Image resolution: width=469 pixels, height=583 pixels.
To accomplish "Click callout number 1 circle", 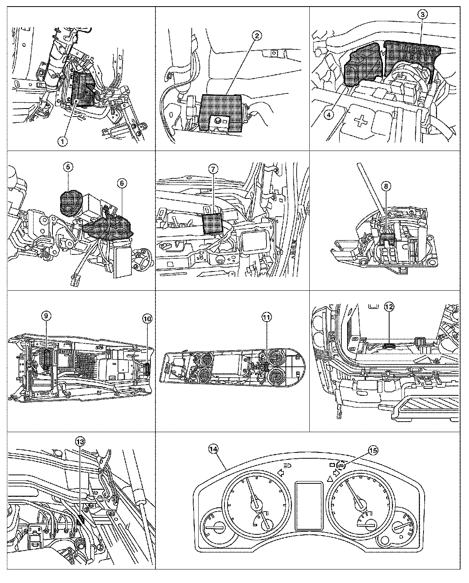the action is [x=62, y=141].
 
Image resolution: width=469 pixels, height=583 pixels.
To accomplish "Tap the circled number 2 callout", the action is [x=257, y=36].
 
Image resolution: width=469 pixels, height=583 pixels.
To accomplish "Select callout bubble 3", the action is [x=422, y=14].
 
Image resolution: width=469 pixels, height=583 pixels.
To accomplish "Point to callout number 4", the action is [x=329, y=115].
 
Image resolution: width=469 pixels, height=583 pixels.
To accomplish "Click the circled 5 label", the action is [x=68, y=167].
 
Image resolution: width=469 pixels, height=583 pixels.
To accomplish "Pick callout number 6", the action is [x=122, y=183].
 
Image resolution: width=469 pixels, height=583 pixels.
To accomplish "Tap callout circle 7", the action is [x=213, y=169].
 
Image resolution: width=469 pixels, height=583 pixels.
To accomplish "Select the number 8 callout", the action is [x=386, y=186].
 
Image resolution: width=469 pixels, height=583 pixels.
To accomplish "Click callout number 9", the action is [x=46, y=315].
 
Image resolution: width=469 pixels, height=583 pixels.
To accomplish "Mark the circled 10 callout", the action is [x=147, y=319].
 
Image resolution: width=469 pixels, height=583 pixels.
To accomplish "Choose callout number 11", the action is [x=267, y=317].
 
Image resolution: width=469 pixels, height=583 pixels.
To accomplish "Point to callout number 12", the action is [x=389, y=307].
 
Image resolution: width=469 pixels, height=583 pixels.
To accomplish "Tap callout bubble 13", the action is [x=80, y=442].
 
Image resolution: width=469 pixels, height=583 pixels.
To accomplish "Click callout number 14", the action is [x=213, y=449].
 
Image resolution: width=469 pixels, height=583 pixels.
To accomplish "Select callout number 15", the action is [x=373, y=450].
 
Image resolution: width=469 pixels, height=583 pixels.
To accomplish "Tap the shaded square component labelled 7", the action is [x=213, y=223].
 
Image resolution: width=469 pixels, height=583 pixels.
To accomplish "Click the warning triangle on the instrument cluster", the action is [x=330, y=479].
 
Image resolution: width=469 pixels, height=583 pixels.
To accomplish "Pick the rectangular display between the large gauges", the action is [x=309, y=505].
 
